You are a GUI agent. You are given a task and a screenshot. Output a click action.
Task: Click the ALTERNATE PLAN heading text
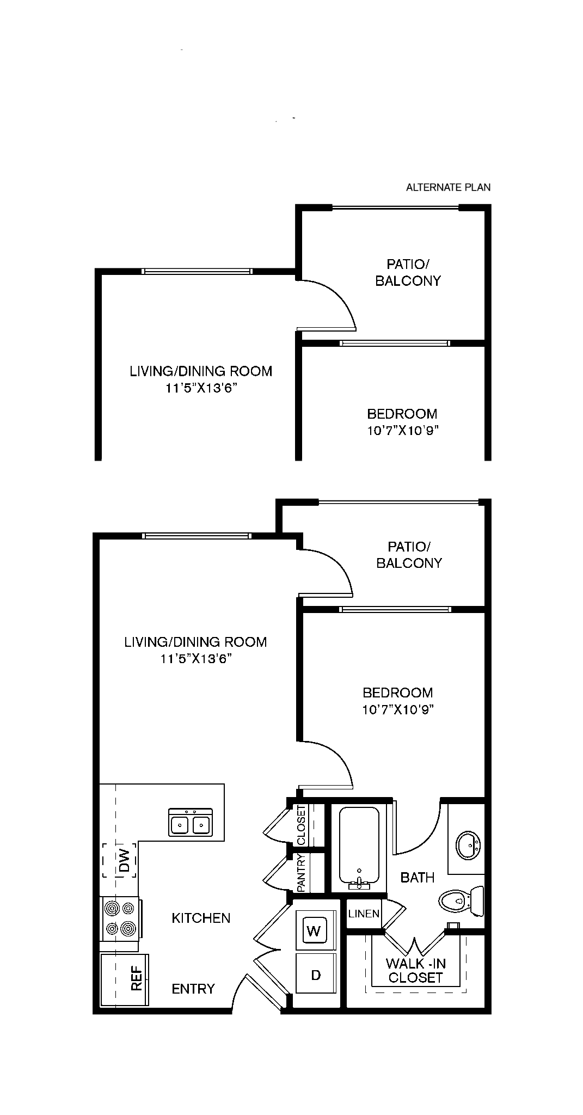click(x=448, y=188)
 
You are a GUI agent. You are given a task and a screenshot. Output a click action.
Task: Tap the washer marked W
click(x=314, y=930)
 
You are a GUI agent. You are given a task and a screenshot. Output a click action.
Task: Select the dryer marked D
click(x=316, y=975)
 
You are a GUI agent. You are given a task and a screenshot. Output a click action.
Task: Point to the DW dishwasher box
click(x=119, y=860)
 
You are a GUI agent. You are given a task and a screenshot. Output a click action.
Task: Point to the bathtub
click(x=359, y=848)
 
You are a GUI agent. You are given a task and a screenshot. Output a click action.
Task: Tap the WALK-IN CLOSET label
click(x=416, y=970)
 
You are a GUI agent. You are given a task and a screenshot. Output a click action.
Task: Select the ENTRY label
click(x=193, y=989)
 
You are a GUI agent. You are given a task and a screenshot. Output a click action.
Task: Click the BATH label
click(x=418, y=877)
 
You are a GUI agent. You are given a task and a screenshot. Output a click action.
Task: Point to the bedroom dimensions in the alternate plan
click(x=403, y=431)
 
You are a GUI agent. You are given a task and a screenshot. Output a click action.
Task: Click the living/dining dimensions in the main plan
click(x=197, y=659)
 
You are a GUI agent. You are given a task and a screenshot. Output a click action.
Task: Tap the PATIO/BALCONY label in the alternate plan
click(x=408, y=272)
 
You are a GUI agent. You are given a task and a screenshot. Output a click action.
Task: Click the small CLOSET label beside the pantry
click(x=302, y=824)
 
